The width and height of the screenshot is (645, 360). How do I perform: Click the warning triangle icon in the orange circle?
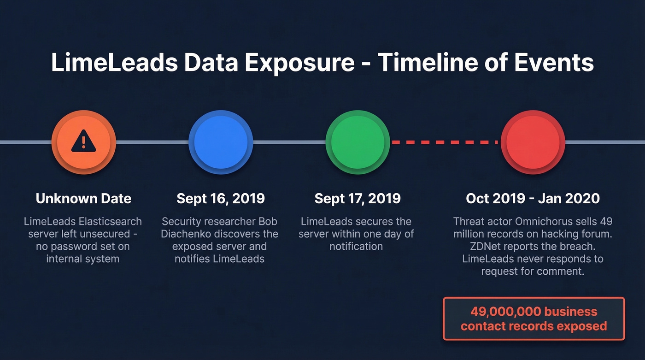coord(83,142)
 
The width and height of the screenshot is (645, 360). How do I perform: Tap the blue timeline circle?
coord(221,142)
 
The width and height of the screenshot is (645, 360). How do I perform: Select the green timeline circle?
coord(358,142)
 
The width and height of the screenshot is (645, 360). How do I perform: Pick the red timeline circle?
coord(533,142)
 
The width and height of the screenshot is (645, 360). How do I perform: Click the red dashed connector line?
coord(445,142)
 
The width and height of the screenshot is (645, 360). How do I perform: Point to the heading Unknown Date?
coord(83,199)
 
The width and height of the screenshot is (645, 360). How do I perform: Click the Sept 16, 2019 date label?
coord(221,199)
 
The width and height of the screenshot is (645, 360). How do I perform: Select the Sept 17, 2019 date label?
coord(358,199)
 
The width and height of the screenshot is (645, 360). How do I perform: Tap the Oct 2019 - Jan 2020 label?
coord(533,199)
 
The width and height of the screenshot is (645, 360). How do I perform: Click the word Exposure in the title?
coord(299,63)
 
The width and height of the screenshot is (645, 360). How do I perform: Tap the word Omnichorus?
coord(541,222)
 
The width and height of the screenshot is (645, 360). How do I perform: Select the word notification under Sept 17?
coord(356,247)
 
